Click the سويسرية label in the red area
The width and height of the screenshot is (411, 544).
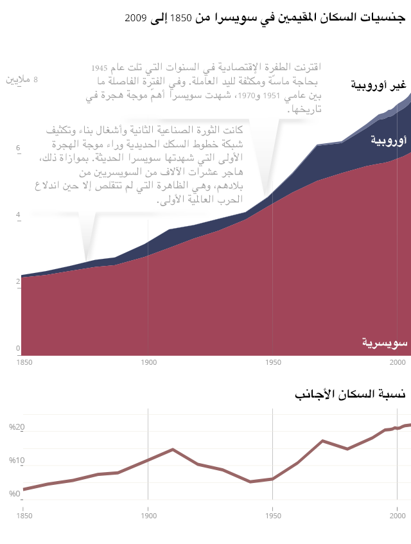(384, 344)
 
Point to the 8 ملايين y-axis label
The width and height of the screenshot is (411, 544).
(22, 80)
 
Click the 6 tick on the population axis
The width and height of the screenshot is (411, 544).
(19, 148)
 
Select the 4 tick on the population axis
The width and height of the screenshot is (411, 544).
(19, 215)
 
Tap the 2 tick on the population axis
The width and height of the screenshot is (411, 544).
(19, 282)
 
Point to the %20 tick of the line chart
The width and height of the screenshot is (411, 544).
(16, 428)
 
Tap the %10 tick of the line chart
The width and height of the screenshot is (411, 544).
(16, 461)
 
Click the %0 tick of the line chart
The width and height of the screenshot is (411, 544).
(15, 494)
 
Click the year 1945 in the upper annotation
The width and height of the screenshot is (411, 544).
(99, 67)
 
